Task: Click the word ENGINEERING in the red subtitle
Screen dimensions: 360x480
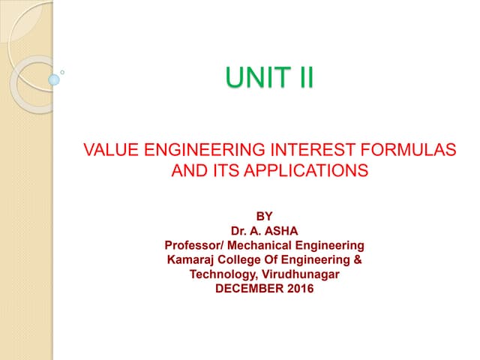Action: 197,151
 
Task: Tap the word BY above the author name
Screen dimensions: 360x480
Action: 265,217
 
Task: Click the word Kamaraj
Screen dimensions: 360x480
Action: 192,259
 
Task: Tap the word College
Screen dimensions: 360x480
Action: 244,259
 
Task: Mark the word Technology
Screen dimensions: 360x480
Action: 220,274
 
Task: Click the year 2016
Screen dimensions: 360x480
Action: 300,289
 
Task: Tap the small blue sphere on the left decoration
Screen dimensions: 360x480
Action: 54,78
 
